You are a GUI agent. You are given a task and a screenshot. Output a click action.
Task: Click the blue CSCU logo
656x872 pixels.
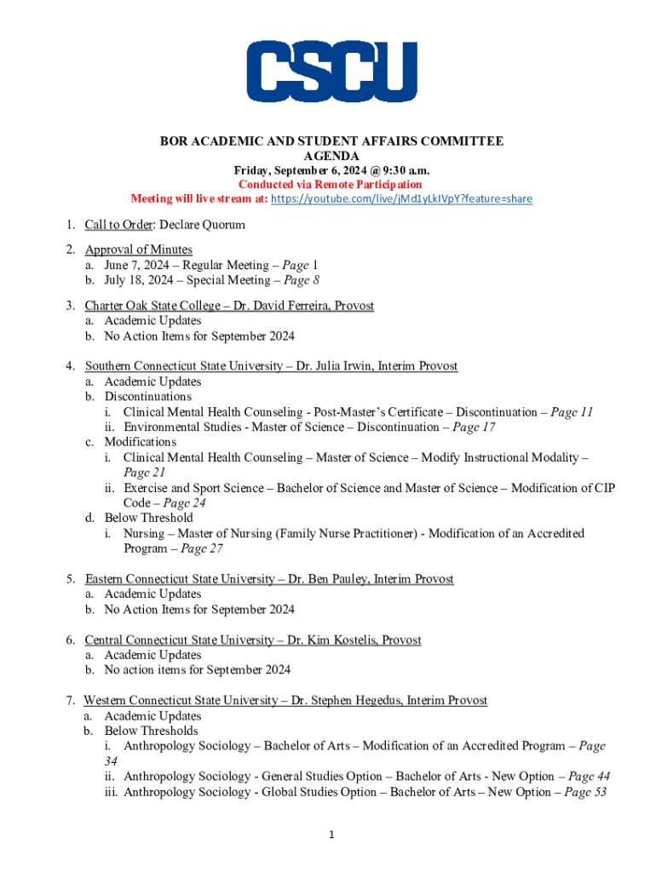pos(331,72)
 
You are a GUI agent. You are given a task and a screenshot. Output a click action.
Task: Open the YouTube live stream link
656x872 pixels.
pos(401,199)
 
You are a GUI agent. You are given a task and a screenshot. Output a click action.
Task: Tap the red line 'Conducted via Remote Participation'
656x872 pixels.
pos(331,185)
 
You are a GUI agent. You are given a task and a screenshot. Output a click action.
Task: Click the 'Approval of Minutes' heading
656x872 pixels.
pos(138,250)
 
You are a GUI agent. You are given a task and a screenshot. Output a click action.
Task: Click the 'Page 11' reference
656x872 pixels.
pos(572,412)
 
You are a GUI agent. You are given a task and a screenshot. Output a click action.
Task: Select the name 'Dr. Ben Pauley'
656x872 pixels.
pos(333,579)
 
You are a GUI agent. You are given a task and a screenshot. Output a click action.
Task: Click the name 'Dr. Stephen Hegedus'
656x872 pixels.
pos(347,701)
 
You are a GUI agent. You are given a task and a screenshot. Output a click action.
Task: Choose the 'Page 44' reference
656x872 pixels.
pos(589,777)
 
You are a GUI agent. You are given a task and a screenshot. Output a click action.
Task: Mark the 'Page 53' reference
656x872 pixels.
pos(589,793)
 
